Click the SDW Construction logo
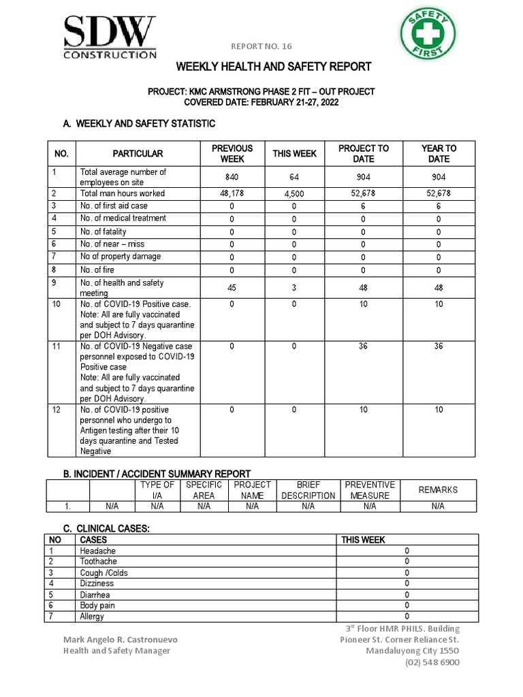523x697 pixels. point(110,38)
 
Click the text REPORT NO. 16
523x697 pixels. point(261,46)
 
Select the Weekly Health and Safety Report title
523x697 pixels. point(274,67)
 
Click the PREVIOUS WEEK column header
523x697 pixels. point(232,154)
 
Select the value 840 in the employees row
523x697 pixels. point(232,177)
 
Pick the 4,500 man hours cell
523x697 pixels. point(294,193)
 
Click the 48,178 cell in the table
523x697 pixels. point(232,193)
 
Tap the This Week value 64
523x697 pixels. point(294,177)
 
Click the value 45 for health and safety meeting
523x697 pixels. point(232,288)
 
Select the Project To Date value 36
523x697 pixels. point(363,346)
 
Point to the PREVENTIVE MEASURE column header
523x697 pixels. point(370,490)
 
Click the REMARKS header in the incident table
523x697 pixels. point(438,490)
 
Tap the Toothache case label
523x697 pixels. point(98,562)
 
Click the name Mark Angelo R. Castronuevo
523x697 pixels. point(121,640)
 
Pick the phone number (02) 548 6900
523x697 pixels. point(432,662)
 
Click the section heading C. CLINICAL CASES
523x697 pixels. point(106,528)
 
